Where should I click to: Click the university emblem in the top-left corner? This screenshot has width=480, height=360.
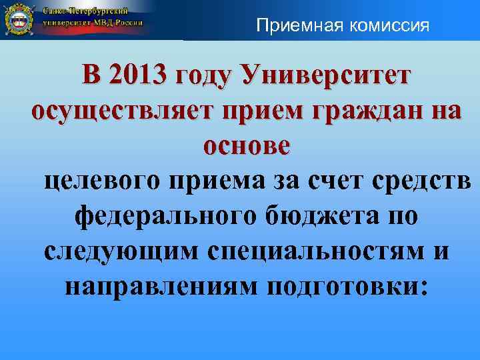tap(19, 20)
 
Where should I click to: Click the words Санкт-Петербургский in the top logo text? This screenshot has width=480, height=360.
tap(86, 13)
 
